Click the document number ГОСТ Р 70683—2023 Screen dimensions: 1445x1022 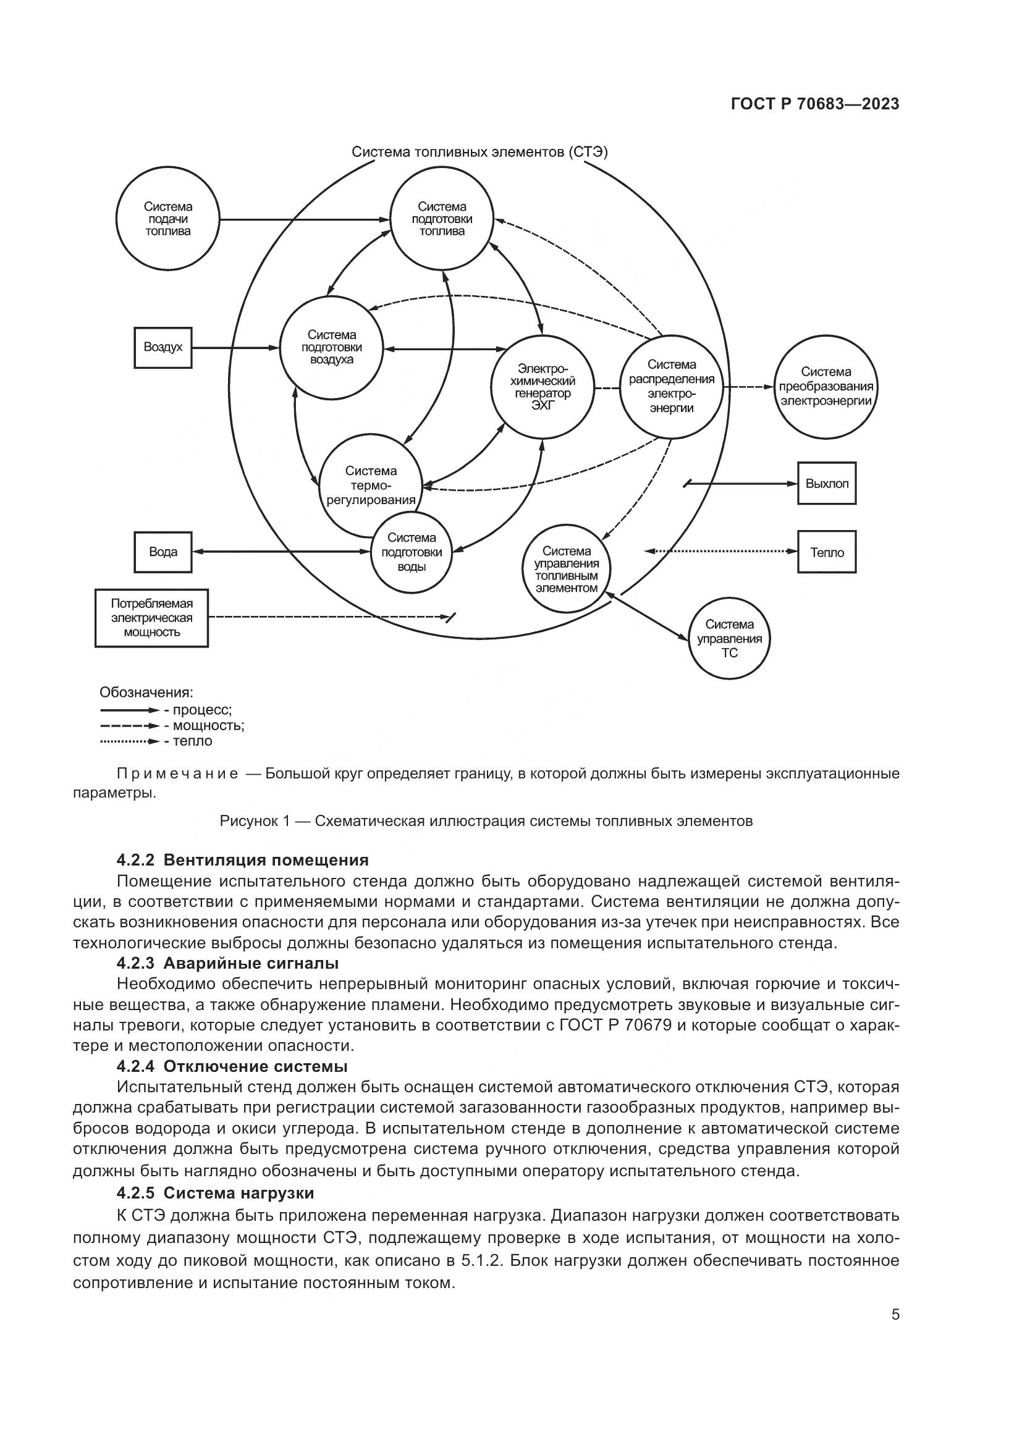(x=815, y=104)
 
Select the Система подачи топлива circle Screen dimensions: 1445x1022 (x=168, y=219)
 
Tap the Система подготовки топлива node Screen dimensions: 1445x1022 (x=441, y=219)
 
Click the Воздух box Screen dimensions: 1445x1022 (x=163, y=347)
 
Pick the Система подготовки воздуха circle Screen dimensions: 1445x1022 (x=331, y=347)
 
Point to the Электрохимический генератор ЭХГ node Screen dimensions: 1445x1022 (x=542, y=386)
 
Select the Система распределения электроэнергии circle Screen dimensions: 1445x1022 (x=672, y=386)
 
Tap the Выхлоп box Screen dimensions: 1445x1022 (x=826, y=483)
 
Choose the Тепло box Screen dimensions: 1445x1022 (x=826, y=552)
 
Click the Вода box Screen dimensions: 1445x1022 (x=163, y=552)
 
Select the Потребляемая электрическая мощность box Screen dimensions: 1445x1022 (x=151, y=618)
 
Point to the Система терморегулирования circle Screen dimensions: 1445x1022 (x=371, y=486)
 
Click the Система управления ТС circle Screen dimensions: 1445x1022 (x=728, y=638)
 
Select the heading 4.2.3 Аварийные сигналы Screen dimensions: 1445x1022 (x=228, y=963)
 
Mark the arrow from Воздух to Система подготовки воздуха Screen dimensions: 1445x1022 (x=235, y=347)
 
